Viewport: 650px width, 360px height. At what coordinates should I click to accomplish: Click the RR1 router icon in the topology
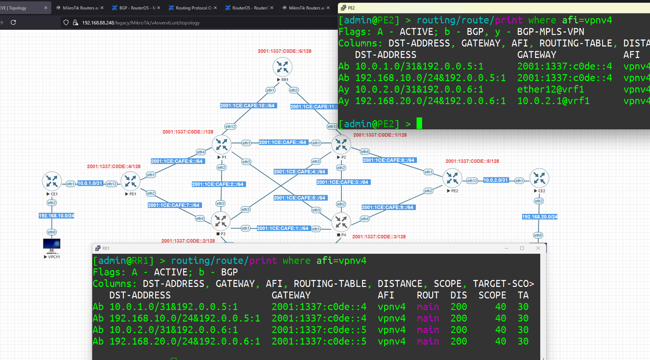282,67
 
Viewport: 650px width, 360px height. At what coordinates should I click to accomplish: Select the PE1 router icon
131,180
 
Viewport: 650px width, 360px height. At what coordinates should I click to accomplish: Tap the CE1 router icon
52,180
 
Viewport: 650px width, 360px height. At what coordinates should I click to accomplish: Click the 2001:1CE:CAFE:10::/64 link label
249,106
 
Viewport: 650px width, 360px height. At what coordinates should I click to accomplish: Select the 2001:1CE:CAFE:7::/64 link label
175,205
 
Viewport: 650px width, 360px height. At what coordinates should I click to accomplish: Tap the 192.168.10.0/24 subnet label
56,216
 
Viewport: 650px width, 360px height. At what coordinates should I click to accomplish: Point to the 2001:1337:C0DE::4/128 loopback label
114,166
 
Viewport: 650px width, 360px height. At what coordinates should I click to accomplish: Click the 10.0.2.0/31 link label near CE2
495,180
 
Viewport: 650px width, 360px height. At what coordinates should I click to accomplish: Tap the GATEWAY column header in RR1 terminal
291,295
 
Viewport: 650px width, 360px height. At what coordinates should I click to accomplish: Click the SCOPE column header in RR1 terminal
492,295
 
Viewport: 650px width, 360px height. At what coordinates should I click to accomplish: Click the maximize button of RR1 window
522,248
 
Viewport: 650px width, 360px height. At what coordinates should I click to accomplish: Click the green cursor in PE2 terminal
419,125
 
